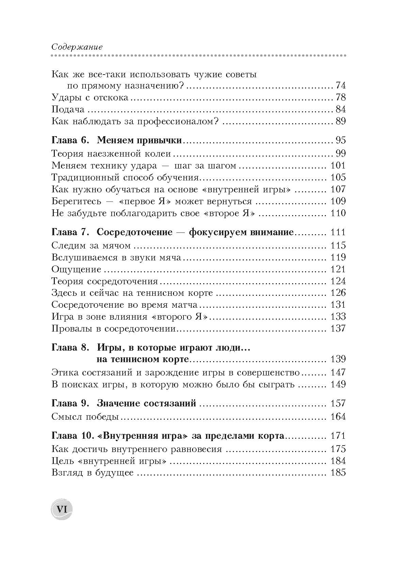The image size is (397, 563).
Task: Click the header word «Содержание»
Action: point(77,47)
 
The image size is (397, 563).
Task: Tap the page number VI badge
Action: point(62,509)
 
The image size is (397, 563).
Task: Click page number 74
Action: point(340,85)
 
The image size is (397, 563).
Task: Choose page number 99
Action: point(340,154)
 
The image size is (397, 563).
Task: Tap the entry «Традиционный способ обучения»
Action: point(125,177)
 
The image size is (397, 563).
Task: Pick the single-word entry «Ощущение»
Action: point(76,269)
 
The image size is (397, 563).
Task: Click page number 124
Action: point(338,281)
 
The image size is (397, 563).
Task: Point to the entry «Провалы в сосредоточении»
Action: point(113,328)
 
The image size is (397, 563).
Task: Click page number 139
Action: point(338,359)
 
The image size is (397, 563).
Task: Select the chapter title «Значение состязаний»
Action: point(146,403)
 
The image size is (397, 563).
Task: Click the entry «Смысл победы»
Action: point(85,417)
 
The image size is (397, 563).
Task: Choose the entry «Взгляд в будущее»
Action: point(92,473)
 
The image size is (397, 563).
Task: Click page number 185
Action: point(338,473)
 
